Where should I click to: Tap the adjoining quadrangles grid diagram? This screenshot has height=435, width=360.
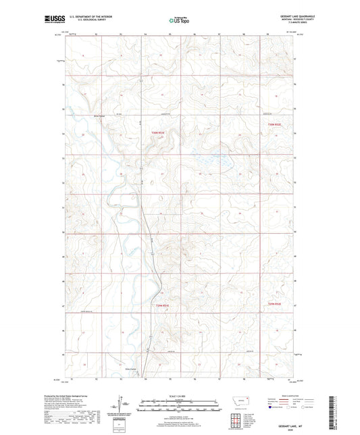[234, 419]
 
